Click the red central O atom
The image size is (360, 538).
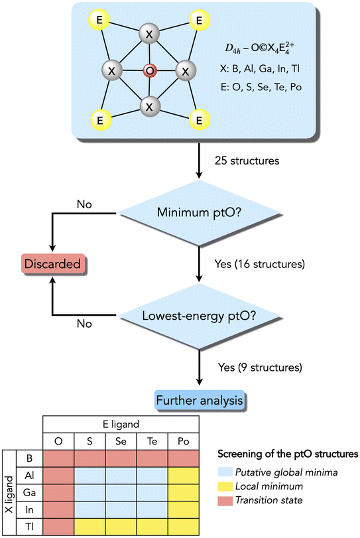150,71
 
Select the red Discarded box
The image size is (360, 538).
53,263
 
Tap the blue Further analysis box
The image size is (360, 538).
200,401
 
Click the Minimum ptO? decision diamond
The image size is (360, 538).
199,213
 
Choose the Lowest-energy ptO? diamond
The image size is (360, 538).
199,316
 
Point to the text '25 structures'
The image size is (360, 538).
247,161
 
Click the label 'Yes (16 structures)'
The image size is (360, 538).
259,264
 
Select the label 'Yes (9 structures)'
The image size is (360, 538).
260,367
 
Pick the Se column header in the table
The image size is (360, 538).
121,441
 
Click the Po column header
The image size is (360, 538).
184,441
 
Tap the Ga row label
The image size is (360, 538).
29,492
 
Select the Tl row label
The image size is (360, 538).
29,527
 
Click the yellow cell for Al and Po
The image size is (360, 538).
184,476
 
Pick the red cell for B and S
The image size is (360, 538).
90,458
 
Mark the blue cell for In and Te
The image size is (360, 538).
152,509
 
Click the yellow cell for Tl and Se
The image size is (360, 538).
121,527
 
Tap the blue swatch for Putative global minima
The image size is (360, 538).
224,472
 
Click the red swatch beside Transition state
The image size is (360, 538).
224,501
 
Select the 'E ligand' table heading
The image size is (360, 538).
121,425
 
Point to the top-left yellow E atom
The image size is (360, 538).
99,19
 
